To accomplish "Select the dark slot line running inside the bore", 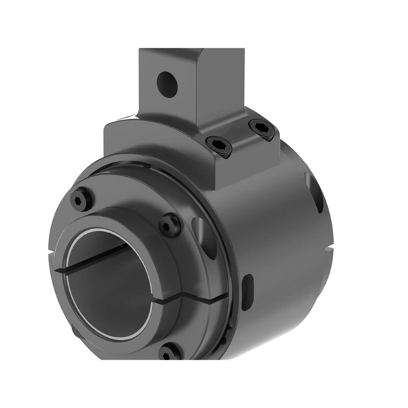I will coord(95,258).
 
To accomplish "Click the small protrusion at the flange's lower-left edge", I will coord(71,332).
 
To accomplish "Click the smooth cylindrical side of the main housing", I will coord(272,224).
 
